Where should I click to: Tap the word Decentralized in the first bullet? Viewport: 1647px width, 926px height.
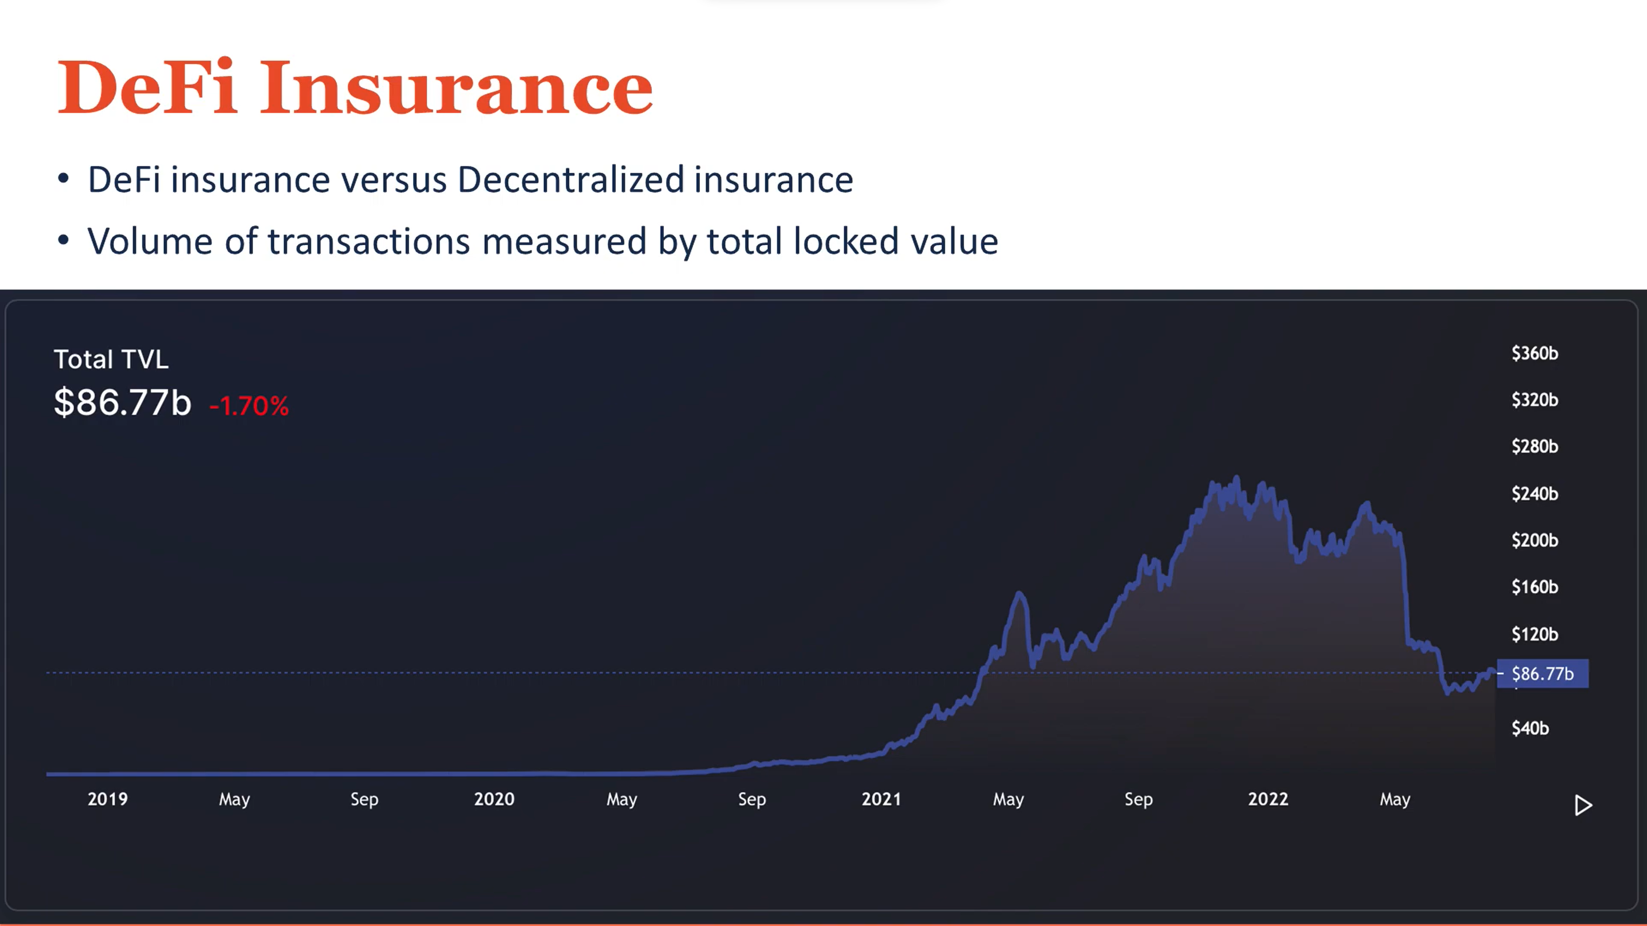[570, 180]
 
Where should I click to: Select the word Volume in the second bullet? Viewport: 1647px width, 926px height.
[150, 241]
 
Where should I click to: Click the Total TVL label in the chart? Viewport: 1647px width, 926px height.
[111, 359]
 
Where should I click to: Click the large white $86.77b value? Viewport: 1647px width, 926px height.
[123, 403]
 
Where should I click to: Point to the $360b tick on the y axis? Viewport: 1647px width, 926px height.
[1535, 353]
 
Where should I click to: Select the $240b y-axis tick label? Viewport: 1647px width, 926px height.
[1535, 494]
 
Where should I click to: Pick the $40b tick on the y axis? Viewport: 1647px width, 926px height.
[1530, 728]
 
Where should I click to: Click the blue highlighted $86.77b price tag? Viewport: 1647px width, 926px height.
[1542, 673]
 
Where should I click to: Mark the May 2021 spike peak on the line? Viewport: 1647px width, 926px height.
[1019, 594]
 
